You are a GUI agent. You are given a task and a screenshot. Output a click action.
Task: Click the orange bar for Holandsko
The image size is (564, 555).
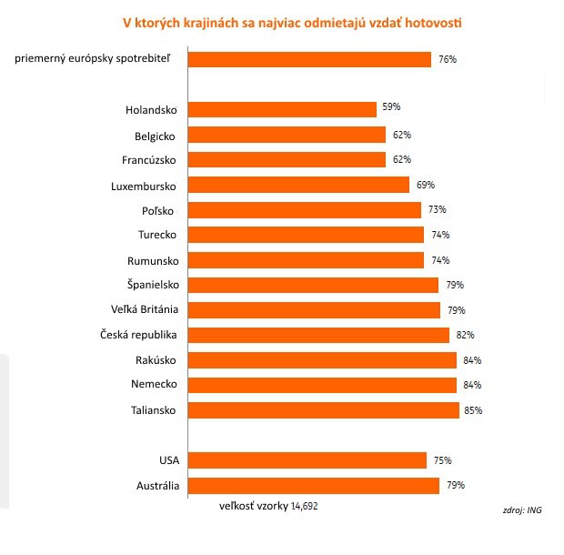(x=282, y=109)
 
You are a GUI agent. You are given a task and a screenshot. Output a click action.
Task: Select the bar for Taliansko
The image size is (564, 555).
(x=323, y=410)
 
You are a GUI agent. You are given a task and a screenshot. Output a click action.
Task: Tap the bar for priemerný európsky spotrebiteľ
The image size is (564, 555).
(x=309, y=59)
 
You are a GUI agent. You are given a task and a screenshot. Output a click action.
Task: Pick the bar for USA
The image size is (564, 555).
(x=307, y=460)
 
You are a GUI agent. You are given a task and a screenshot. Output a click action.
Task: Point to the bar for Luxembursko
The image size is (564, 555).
(x=298, y=185)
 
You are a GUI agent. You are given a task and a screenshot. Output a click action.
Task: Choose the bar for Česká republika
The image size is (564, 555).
(x=318, y=335)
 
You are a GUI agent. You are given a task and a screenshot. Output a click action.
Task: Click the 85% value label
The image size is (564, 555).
(x=473, y=410)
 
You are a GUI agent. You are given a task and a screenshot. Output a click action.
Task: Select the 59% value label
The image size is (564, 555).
(x=391, y=107)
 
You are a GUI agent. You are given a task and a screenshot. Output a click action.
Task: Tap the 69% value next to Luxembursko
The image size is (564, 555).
(x=423, y=185)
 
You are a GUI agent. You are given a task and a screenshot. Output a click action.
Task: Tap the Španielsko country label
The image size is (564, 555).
(x=149, y=285)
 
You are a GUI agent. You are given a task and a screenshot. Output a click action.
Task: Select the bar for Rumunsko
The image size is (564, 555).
(x=306, y=260)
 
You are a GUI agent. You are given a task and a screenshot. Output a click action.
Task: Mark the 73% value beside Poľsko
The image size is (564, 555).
(x=437, y=210)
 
